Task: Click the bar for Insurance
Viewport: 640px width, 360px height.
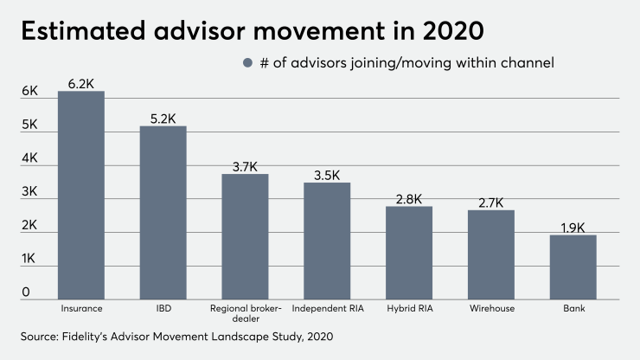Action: [81, 196]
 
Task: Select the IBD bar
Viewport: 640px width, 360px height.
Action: [163, 213]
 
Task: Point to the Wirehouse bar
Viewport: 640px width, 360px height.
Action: [491, 254]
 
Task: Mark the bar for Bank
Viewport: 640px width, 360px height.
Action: [573, 267]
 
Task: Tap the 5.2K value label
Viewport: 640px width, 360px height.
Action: [163, 118]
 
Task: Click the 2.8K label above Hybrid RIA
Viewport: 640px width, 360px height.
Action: [409, 198]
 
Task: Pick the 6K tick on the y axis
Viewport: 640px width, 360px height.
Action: [30, 91]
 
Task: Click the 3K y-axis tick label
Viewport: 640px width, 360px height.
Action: [30, 191]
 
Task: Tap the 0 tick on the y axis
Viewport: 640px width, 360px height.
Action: [26, 292]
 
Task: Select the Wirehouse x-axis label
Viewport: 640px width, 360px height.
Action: [491, 308]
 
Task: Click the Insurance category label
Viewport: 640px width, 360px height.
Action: [81, 308]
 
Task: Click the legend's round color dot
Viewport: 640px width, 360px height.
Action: [246, 62]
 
